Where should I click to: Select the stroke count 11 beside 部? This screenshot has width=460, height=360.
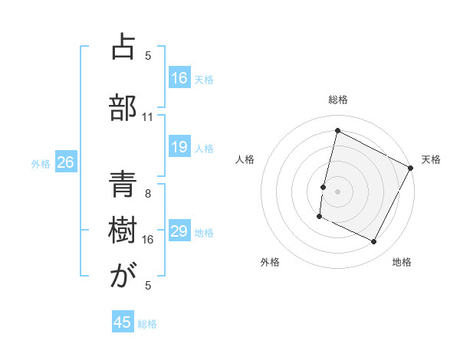(x=148, y=117)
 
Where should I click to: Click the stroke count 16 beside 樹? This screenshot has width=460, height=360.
(x=148, y=240)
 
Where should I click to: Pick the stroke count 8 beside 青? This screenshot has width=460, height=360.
(x=148, y=194)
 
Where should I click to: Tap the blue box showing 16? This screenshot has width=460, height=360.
(x=179, y=78)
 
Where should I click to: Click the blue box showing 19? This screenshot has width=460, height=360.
(x=179, y=147)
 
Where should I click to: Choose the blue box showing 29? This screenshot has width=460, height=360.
(x=179, y=231)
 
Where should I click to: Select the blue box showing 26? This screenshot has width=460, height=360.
(x=66, y=162)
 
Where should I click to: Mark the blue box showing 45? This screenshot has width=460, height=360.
(x=123, y=322)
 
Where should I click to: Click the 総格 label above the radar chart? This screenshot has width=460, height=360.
(x=337, y=100)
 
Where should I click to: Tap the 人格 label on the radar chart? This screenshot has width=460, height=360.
(x=245, y=159)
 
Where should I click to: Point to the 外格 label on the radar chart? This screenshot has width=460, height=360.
(x=270, y=262)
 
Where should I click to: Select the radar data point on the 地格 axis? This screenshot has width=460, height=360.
(x=374, y=242)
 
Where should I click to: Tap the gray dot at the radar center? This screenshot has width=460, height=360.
(x=337, y=191)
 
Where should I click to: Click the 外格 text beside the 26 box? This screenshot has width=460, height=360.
(x=41, y=163)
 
